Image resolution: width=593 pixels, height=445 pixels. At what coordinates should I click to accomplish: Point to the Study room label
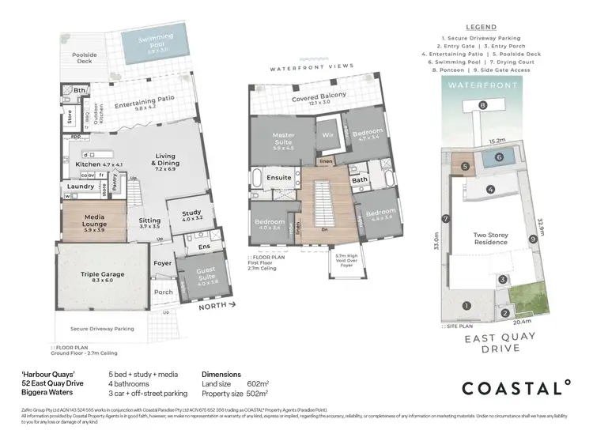[x=192, y=215]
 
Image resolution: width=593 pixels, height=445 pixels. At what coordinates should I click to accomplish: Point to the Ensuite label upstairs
[x=279, y=178]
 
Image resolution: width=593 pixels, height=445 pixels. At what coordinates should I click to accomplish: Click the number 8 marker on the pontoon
[x=482, y=105]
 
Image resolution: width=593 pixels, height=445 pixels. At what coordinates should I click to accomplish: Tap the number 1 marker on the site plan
[x=466, y=306]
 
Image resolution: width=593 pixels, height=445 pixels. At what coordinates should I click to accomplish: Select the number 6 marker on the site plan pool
[x=498, y=157]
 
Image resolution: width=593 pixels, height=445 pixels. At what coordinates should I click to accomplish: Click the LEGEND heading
[x=481, y=25]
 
